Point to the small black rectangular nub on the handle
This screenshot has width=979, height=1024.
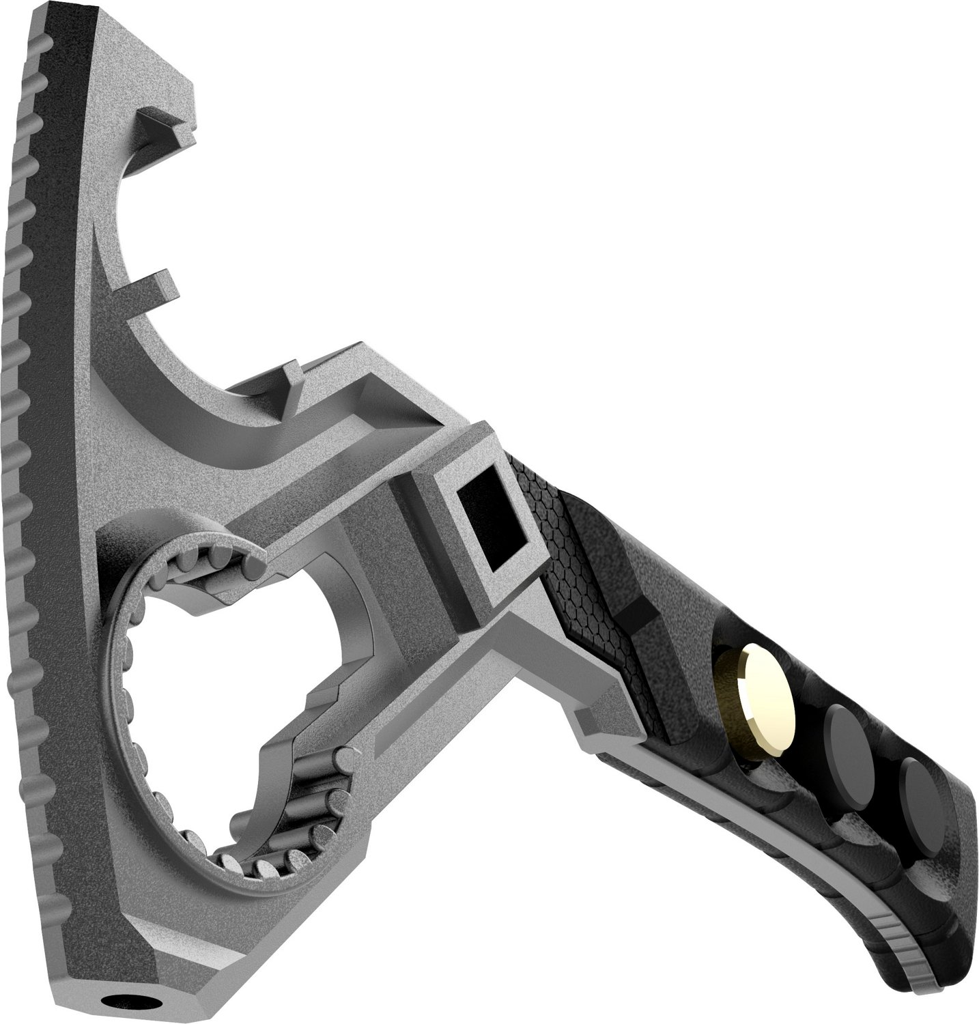(x=638, y=608)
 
